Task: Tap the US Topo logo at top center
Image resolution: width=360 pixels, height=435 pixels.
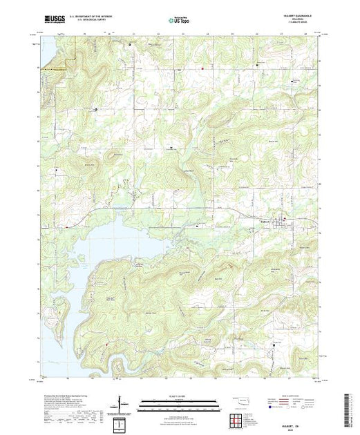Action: [179, 21]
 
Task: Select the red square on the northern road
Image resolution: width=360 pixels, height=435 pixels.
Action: [202, 68]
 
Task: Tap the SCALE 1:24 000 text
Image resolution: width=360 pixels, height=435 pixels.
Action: [179, 396]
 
